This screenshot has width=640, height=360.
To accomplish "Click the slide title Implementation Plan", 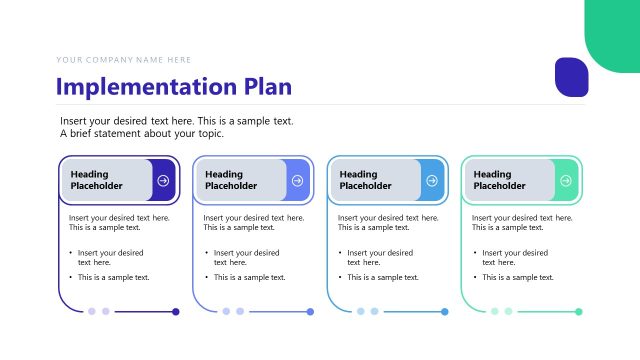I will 174,86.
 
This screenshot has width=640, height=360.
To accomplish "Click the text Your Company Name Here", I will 124,60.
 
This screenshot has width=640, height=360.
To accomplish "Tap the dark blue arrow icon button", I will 164,181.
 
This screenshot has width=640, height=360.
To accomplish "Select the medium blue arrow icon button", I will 298,181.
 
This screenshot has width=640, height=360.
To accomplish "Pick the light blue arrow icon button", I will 432,181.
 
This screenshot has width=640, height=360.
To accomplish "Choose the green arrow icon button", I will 566,181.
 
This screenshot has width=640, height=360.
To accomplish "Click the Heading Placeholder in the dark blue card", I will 97,180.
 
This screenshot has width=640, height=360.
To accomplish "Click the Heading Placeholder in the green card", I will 500,180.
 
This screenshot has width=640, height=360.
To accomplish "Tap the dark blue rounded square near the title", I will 571,77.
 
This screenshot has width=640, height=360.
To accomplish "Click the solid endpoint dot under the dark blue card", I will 176,312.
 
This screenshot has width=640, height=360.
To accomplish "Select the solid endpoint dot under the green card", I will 579,312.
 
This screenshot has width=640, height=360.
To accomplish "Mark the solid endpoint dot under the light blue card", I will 445,312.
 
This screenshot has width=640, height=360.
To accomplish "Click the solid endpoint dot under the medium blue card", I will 311,312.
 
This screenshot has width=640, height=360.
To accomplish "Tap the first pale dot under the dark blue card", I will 92,312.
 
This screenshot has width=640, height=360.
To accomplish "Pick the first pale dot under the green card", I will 494,312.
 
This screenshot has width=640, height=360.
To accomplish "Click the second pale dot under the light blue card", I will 374,312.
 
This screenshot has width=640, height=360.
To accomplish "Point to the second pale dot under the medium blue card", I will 240,312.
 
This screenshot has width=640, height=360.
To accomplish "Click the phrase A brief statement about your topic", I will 142,134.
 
